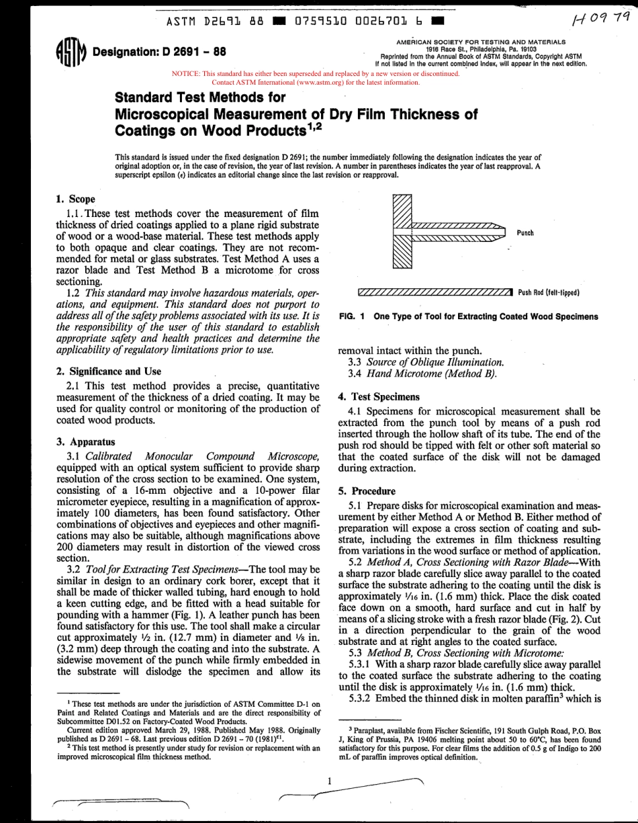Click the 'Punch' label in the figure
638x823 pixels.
(x=525, y=232)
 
